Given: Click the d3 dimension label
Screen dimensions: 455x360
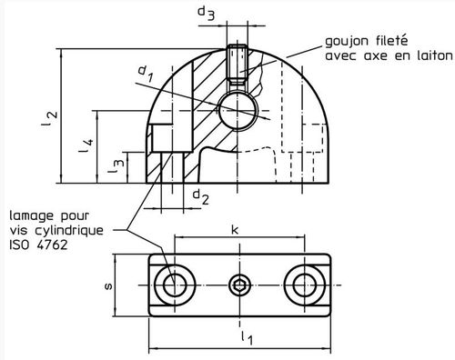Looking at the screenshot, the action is [206, 13].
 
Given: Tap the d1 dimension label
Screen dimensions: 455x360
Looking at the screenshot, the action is [145, 74].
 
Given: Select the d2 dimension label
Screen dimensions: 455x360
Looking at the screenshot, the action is [200, 196].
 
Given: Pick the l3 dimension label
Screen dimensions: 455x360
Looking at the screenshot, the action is [116, 166].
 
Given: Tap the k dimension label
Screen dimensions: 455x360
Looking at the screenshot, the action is [235, 229].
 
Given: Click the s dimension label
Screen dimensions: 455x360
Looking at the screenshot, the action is [108, 285].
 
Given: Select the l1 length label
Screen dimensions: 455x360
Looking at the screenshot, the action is [248, 337].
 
